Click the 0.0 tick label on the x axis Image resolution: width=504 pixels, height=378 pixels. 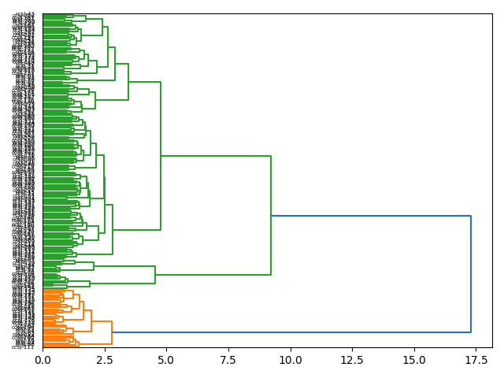click(43, 359)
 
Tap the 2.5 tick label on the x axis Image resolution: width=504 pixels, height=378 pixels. click(105, 359)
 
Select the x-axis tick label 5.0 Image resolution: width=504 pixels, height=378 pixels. click(166, 359)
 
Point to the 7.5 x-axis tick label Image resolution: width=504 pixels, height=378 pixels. click(228, 359)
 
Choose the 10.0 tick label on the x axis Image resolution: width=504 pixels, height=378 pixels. click(291, 359)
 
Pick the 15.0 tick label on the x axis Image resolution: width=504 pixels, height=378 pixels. click(414, 359)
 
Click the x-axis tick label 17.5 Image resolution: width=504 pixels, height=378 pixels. click(476, 359)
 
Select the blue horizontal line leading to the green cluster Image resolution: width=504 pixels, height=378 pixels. click(370, 216)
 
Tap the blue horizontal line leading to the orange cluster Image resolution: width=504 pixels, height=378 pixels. click(291, 332)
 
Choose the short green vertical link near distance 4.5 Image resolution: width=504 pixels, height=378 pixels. click(155, 275)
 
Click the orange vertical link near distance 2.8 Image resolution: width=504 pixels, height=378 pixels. click(112, 332)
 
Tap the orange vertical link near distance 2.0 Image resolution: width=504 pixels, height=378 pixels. click(91, 321)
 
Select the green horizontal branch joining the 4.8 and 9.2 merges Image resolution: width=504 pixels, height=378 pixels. click(216, 156)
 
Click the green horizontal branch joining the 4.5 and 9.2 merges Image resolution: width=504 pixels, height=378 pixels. click(213, 275)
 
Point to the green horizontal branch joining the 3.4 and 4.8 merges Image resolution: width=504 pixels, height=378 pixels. click(144, 82)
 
